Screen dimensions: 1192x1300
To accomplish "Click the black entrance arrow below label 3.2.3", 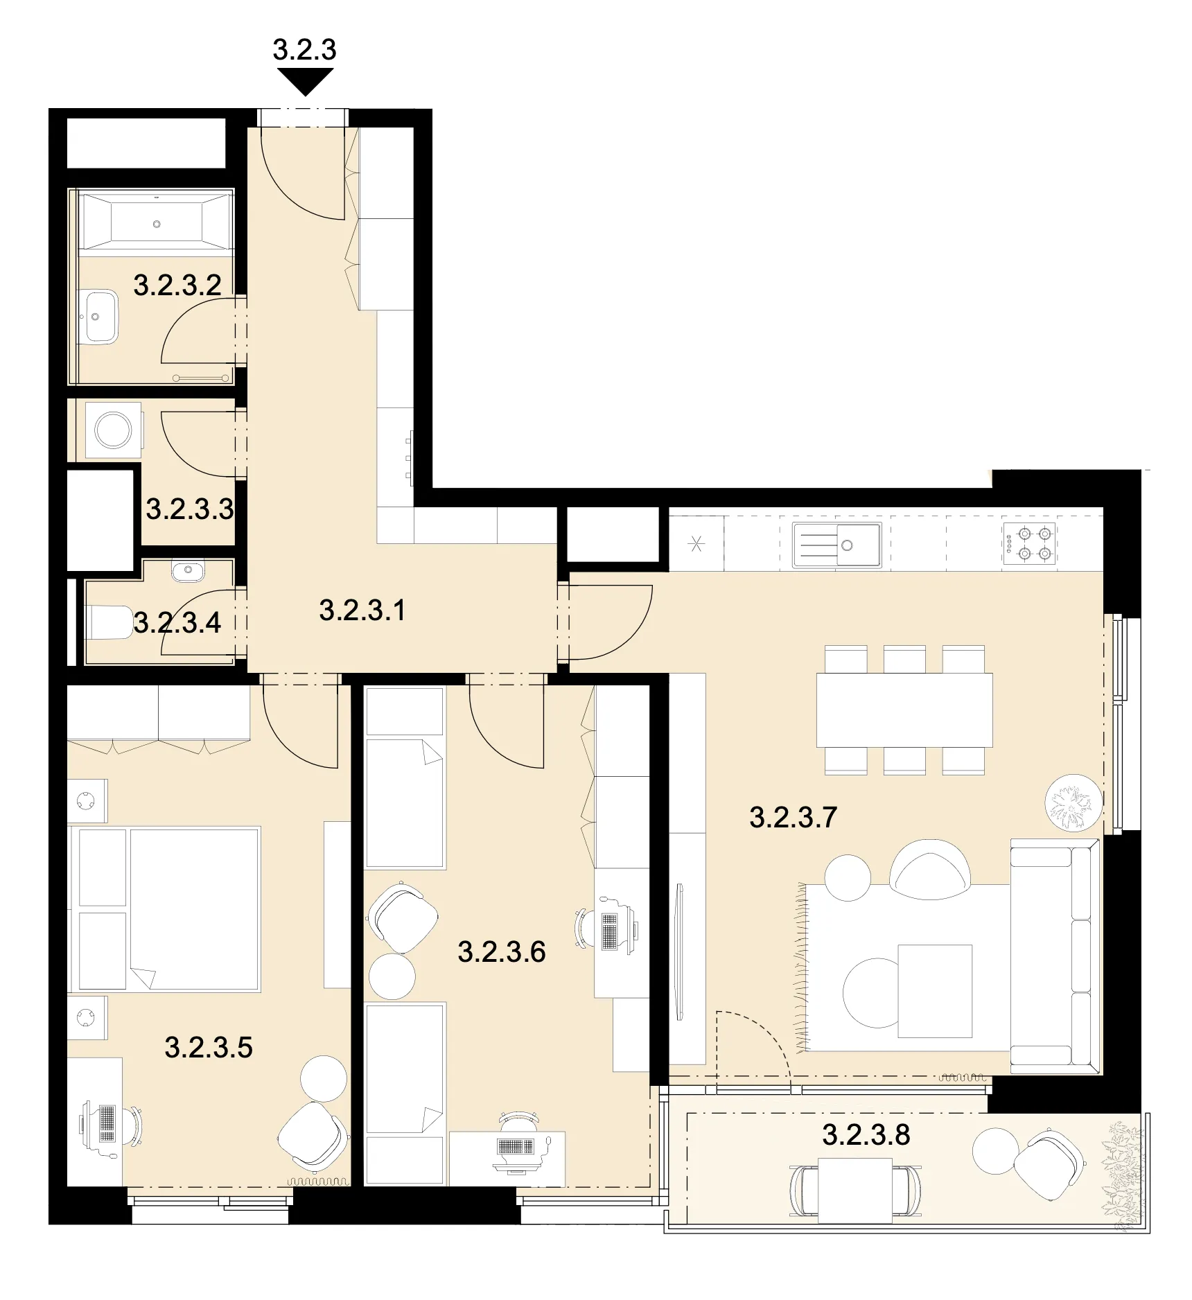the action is [304, 82].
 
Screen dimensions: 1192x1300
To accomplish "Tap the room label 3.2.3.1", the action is [362, 611].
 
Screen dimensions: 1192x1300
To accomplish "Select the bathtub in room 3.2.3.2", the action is [157, 221].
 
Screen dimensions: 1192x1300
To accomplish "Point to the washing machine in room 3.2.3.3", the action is [113, 430].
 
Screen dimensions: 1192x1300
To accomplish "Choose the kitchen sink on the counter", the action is [837, 545].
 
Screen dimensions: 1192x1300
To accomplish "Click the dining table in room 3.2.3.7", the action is [904, 710].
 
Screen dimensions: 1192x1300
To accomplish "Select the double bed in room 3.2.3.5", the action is [165, 908].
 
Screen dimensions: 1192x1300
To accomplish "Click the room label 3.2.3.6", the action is [502, 952].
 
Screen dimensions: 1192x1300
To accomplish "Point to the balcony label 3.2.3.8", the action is [866, 1135].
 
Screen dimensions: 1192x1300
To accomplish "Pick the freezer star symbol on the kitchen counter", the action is [696, 544].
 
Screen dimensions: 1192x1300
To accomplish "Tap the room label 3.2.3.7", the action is [794, 818].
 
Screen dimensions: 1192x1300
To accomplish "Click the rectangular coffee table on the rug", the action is [935, 991].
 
